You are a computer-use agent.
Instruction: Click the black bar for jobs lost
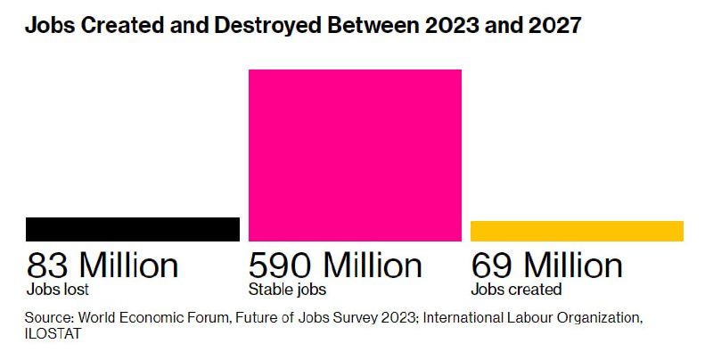[132, 229]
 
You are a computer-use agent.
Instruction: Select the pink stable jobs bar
[355, 155]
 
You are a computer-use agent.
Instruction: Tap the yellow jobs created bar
[577, 231]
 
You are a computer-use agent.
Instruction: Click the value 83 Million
[102, 266]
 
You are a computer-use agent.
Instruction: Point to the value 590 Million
[335, 266]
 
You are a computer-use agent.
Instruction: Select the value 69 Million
[546, 266]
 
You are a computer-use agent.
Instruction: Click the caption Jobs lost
[58, 290]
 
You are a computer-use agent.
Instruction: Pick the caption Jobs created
[516, 290]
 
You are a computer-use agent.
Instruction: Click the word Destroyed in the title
[266, 26]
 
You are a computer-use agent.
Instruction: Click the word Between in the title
[373, 26]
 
